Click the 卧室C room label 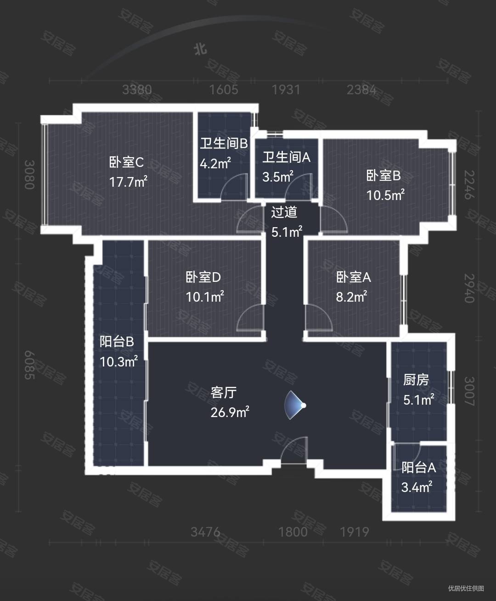tap(126, 162)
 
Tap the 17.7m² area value tap(128, 182)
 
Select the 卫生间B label tap(224, 143)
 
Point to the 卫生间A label tap(286, 157)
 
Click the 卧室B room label tap(383, 176)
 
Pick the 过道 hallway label tap(284, 212)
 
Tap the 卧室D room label tap(203, 277)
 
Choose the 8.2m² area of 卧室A tap(351, 297)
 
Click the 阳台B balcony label tap(117, 342)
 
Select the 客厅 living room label tap(224, 392)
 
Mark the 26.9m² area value tap(230, 412)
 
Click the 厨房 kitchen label tap(416, 380)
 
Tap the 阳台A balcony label tap(418, 468)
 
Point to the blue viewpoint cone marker tap(294, 405)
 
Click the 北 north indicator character tap(200, 49)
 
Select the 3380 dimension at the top tap(137, 89)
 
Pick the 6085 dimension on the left tap(29, 365)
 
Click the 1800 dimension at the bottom tap(293, 532)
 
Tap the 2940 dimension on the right tap(468, 288)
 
